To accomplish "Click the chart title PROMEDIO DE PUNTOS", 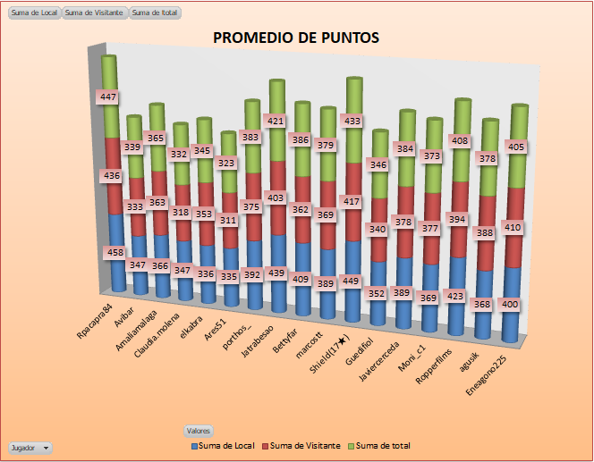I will pyautogui.click(x=295, y=38).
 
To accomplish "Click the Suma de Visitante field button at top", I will pyautogui.click(x=95, y=13).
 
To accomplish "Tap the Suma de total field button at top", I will pyautogui.click(x=155, y=13).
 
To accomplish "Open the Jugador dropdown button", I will pyautogui.click(x=30, y=447).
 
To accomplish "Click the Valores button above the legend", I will pyautogui.click(x=199, y=431).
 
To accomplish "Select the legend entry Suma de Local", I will pyautogui.click(x=227, y=444).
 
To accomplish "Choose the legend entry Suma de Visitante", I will pyautogui.click(x=304, y=444).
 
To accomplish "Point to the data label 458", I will pyautogui.click(x=115, y=253).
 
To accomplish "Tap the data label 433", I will pyautogui.click(x=352, y=120).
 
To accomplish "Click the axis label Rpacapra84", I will pyautogui.click(x=95, y=323).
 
